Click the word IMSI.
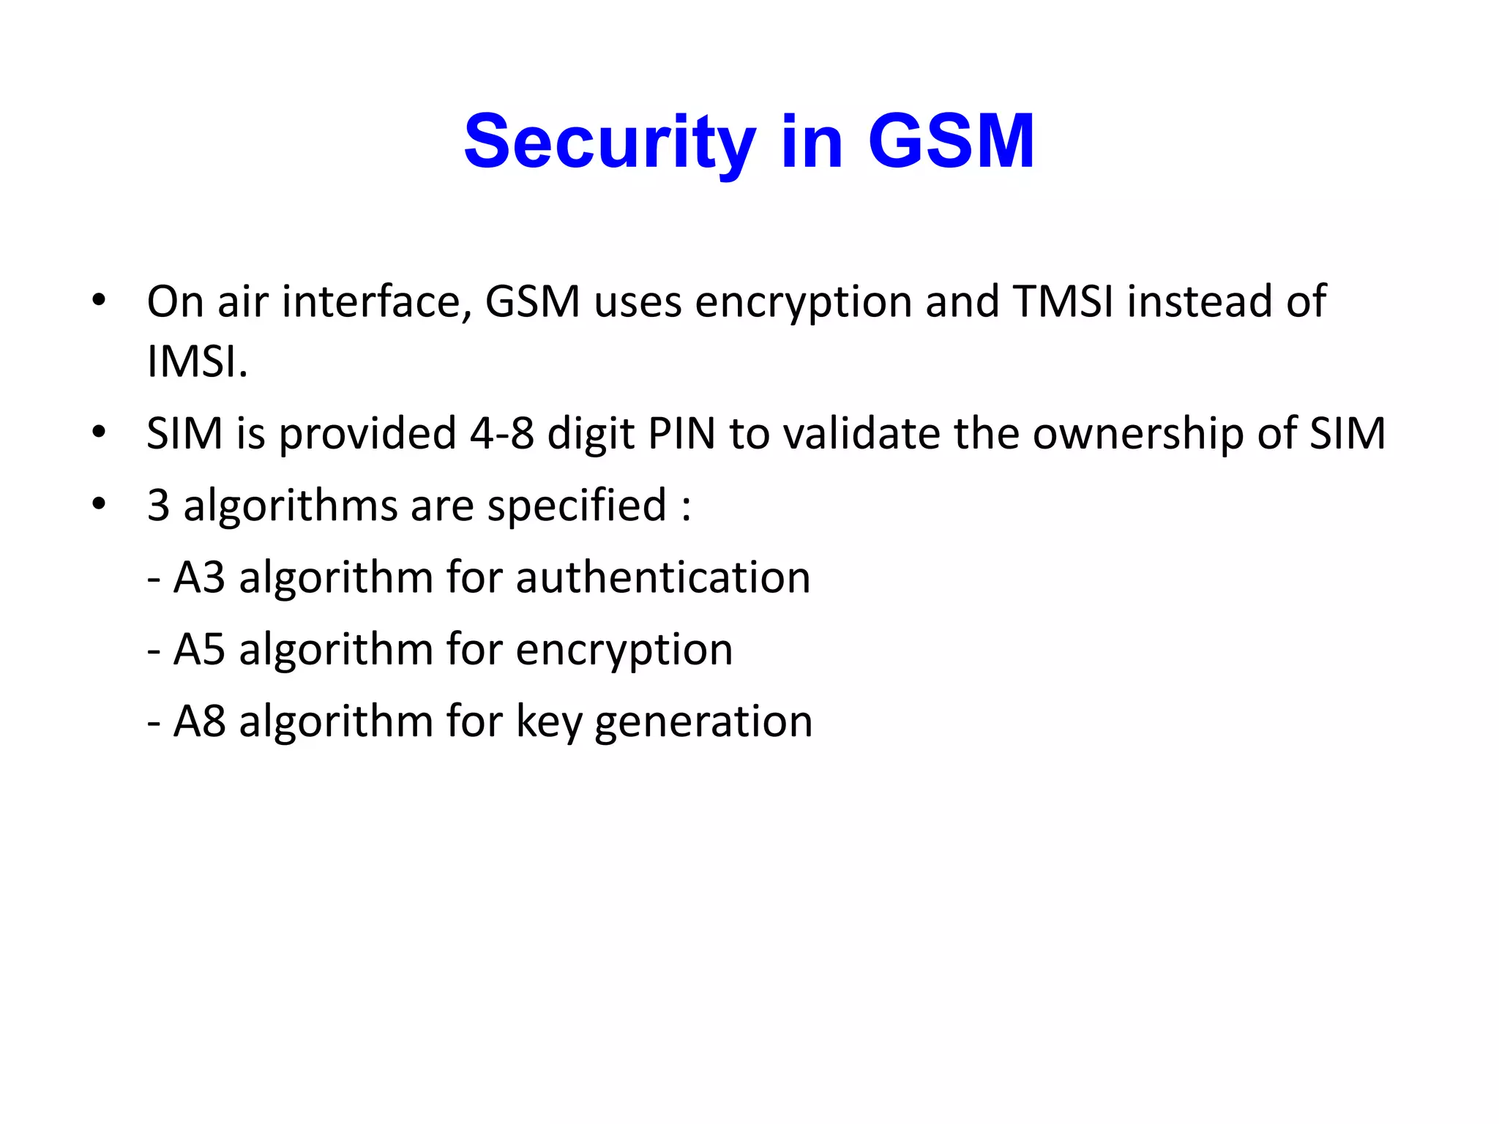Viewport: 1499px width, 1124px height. (x=196, y=361)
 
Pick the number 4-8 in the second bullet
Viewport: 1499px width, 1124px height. (x=502, y=433)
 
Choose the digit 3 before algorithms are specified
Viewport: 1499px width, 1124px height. (x=159, y=505)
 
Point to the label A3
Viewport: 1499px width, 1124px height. (x=199, y=577)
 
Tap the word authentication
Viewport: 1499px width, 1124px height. (x=663, y=577)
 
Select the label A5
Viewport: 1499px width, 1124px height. (x=199, y=649)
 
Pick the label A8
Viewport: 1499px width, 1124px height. (x=199, y=721)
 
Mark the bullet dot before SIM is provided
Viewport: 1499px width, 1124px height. (x=99, y=432)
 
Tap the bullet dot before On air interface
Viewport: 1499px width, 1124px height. (x=99, y=300)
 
